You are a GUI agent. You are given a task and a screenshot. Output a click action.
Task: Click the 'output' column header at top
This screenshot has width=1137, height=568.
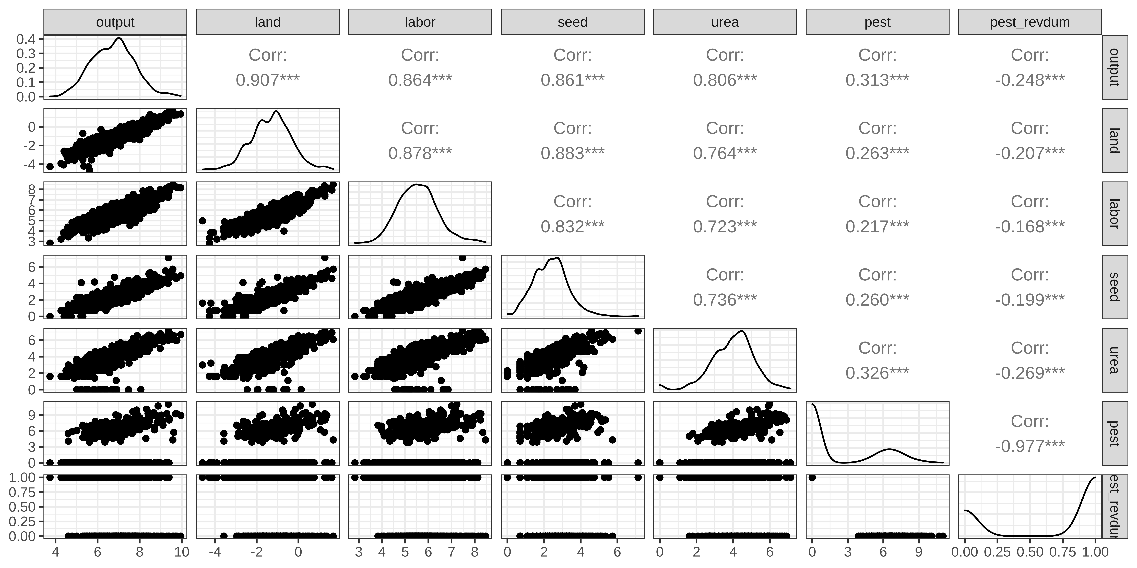click(115, 22)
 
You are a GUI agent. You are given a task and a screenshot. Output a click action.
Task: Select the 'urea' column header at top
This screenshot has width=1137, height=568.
click(725, 22)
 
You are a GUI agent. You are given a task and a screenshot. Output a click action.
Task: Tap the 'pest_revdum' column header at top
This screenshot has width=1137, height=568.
click(1030, 22)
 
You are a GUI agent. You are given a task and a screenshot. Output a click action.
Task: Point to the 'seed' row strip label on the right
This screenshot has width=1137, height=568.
click(1114, 287)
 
